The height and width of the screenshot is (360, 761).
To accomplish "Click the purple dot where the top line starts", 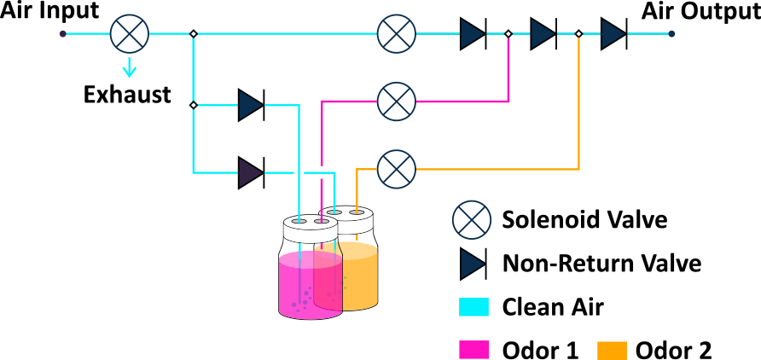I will click(x=62, y=34).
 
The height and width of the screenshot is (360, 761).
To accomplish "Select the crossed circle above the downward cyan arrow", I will click(x=130, y=34).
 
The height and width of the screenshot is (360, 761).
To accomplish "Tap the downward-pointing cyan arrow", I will click(x=130, y=68).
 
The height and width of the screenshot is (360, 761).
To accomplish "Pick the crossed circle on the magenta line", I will click(x=397, y=102).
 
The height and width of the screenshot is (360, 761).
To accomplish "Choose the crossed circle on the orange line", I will click(x=397, y=169).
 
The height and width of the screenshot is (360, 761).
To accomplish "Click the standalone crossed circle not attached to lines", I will click(x=472, y=220).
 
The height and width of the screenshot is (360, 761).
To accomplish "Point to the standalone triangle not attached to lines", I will click(x=472, y=264).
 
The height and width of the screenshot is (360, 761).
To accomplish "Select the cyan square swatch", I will click(x=473, y=307).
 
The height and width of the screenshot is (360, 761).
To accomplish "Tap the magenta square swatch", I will click(x=473, y=350).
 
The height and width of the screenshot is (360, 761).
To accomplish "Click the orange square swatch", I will click(x=612, y=350).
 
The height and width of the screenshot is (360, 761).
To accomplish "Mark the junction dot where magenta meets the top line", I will click(x=508, y=34).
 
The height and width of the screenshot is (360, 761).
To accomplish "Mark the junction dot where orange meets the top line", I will click(x=578, y=34).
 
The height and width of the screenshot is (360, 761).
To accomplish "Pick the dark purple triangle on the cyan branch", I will click(x=250, y=172).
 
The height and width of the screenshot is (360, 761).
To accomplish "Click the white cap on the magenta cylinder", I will click(x=310, y=228).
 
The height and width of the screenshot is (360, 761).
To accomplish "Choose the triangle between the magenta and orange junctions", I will click(x=543, y=34).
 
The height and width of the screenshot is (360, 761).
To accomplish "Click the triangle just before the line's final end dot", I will click(x=613, y=34).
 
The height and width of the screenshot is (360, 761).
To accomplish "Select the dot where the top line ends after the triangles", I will click(x=671, y=34).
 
